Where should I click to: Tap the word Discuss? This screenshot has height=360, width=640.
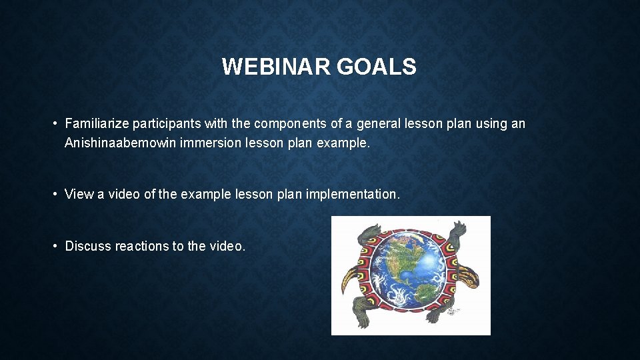click(x=88, y=246)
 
